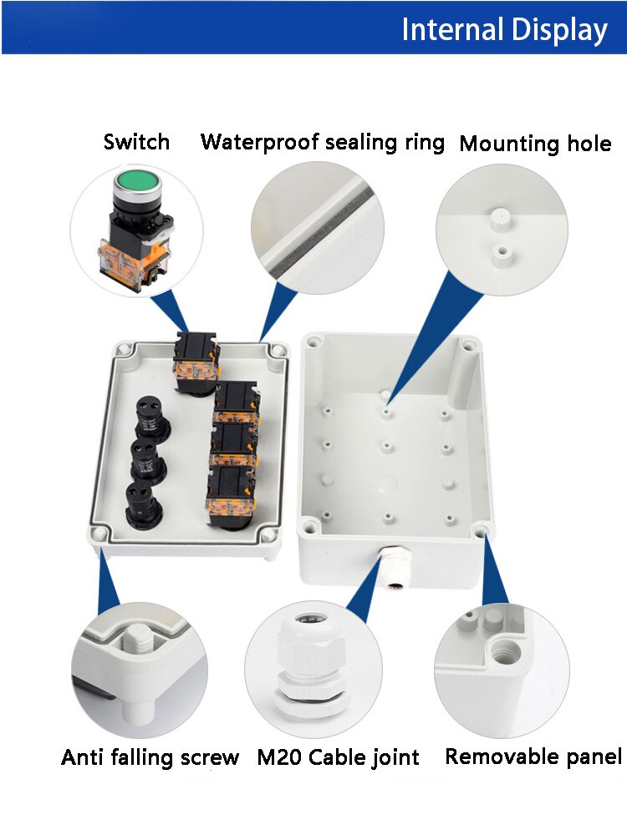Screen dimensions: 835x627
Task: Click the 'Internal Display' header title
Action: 504,30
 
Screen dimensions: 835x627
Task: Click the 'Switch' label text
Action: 136,142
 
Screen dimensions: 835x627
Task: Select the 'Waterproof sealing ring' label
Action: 323,142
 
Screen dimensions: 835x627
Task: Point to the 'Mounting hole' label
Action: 535,144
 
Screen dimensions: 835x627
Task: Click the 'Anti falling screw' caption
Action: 150,758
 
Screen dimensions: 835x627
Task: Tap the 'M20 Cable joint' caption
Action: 338,758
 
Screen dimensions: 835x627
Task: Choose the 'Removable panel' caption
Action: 533,757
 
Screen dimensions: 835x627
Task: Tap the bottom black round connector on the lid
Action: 142,504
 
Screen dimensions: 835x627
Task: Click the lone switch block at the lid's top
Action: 196,362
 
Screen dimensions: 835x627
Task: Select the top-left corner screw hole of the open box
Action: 314,342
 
